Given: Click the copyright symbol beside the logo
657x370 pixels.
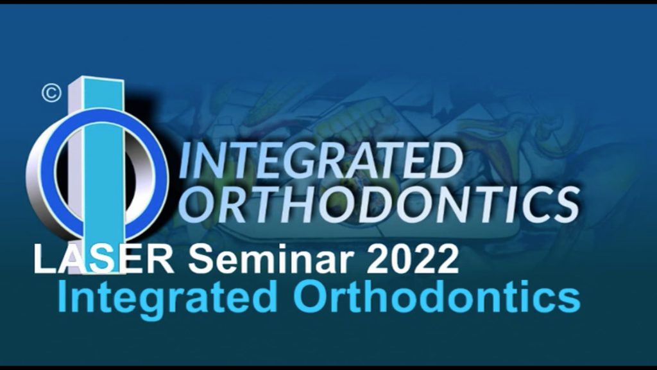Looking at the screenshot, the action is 51,93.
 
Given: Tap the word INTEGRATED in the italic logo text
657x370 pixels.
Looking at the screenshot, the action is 321,160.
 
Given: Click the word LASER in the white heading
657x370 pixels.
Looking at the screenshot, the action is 103,260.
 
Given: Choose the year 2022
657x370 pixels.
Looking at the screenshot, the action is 413,260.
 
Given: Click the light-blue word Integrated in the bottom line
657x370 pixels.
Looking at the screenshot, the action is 167,298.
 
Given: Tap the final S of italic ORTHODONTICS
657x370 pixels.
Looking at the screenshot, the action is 563,205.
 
